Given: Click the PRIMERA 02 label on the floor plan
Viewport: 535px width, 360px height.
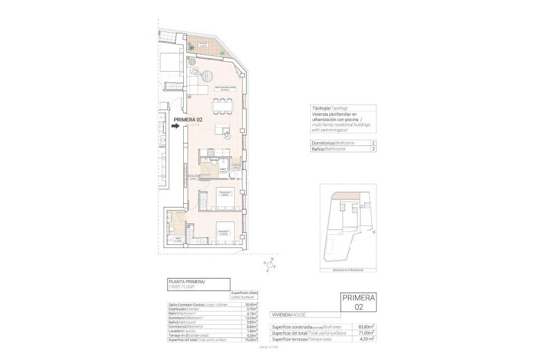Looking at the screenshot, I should pos(188,120).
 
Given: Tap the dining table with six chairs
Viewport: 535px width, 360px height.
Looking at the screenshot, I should pos(221,104).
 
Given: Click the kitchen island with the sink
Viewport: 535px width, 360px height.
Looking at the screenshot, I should pos(223,130).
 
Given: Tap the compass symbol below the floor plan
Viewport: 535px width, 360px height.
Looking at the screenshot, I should pos(272,266).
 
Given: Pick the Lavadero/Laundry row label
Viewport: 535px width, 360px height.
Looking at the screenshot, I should pos(181,331).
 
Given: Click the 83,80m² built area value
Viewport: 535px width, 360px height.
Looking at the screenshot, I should pos(366,327).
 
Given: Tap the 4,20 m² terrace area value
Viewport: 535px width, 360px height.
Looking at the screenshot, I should pos(366,339).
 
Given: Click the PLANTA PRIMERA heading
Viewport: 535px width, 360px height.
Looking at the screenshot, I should pos(187,281).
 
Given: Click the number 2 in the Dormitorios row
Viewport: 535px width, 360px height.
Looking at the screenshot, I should pos(373,143).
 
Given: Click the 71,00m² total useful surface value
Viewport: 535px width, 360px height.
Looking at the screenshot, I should pos(366,333).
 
